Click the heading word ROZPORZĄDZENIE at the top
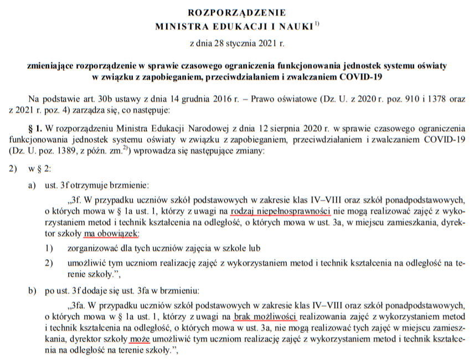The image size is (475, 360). coord(237,12)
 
